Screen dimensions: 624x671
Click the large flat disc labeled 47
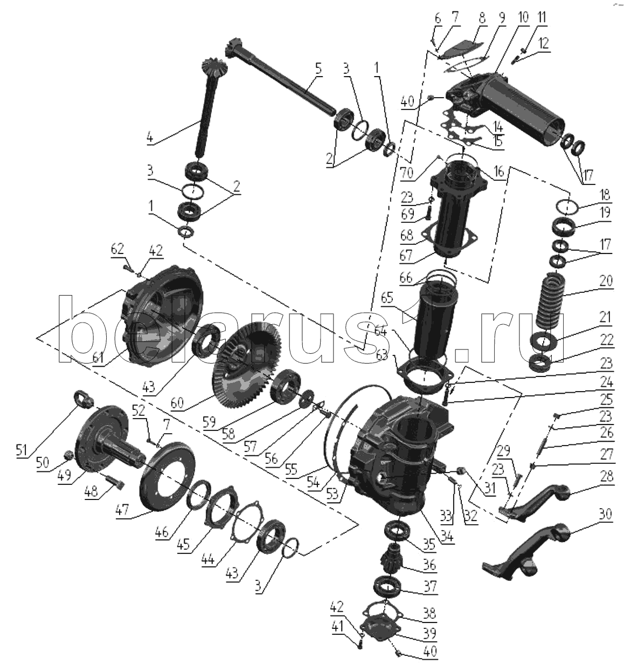[168, 477]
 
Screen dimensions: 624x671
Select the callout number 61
[98, 358]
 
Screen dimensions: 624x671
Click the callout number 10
[523, 18]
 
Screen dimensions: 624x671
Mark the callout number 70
[407, 173]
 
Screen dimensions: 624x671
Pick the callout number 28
[606, 476]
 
